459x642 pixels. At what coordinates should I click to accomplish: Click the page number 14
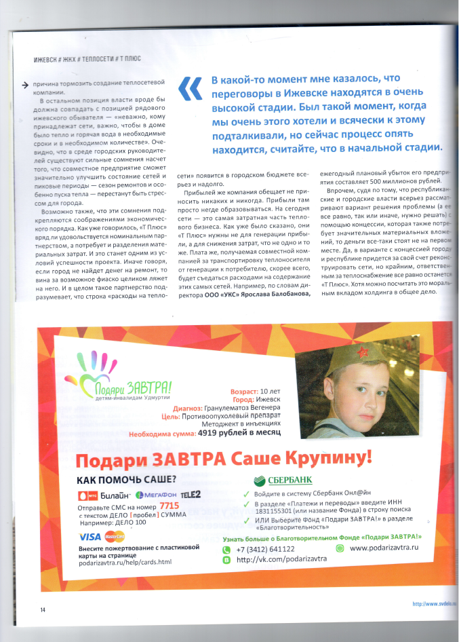tap(42, 609)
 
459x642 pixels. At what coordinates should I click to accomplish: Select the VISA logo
tap(90, 536)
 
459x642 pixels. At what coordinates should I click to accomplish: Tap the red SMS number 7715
tap(169, 506)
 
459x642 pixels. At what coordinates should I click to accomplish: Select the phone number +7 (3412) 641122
tap(265, 549)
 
